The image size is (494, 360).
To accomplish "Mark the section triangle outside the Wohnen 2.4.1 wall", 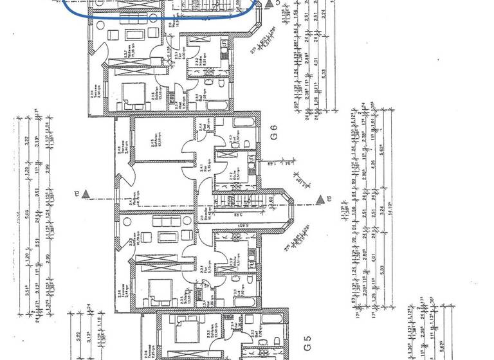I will [x=94, y=192].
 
